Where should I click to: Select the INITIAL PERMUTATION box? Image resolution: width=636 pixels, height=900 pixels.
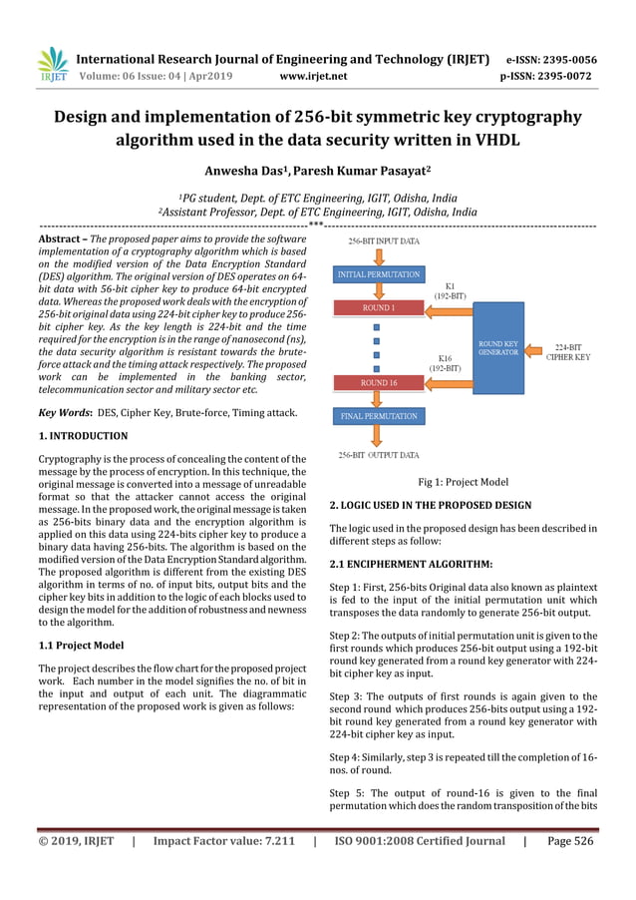coord(378,273)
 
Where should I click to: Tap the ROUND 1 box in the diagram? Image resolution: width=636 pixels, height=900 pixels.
coord(378,308)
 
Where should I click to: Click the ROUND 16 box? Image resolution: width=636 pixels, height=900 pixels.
coord(379,382)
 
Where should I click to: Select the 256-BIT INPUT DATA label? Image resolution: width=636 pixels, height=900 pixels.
coord(383,241)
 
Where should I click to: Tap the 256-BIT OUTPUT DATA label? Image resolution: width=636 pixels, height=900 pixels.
coord(379,456)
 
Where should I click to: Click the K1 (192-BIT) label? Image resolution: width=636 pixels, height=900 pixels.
coord(449,290)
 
